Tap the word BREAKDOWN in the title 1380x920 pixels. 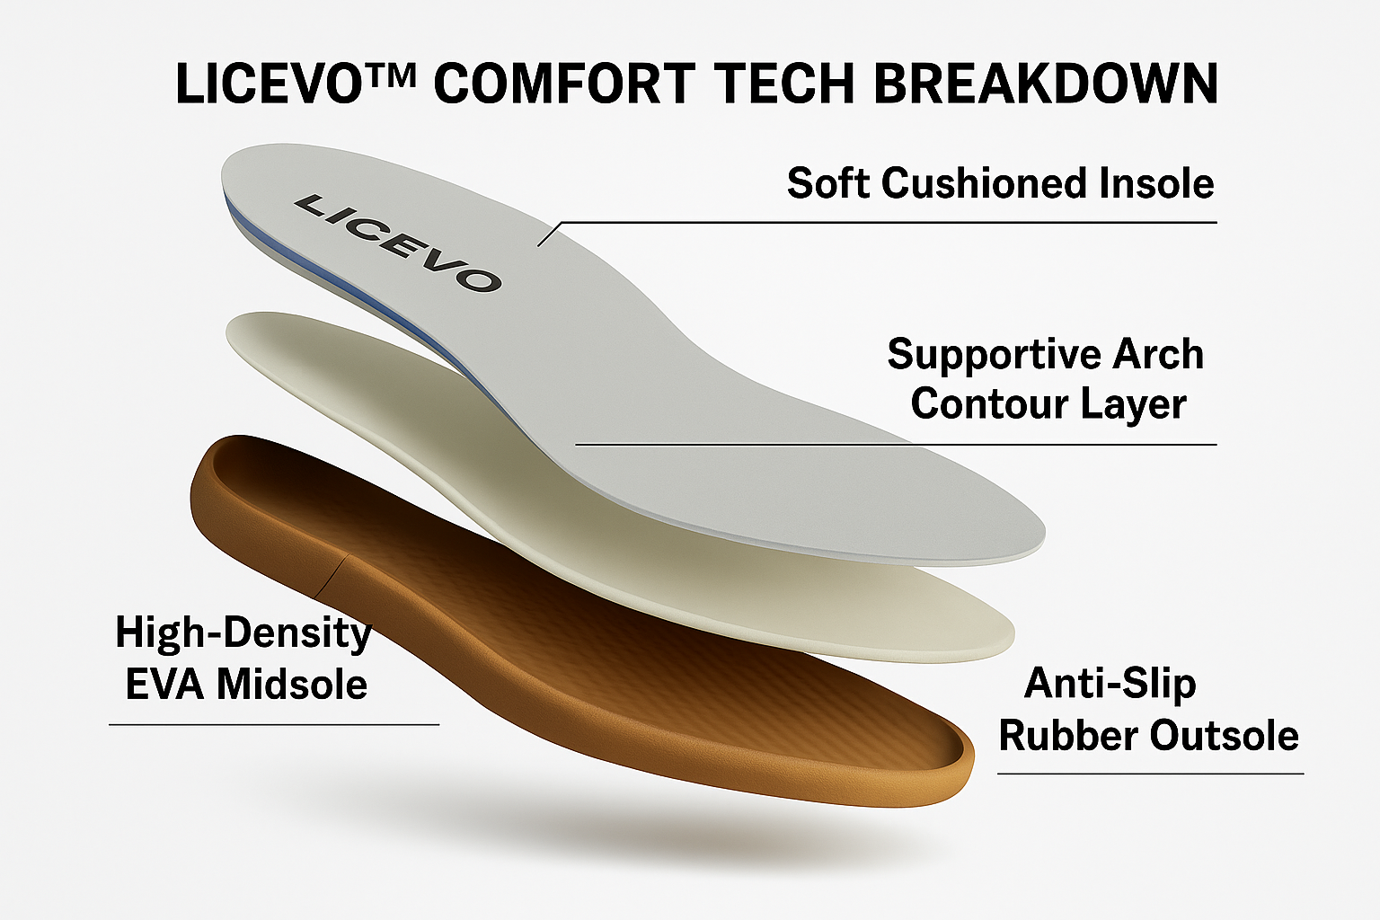(x=1046, y=84)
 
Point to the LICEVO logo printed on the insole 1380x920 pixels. (x=398, y=243)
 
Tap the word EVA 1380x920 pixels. (x=165, y=684)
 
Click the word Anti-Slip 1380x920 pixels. (x=1110, y=684)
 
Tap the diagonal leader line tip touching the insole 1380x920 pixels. (x=538, y=246)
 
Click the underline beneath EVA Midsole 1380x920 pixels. (x=274, y=725)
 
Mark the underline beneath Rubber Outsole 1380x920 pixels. (x=1151, y=774)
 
